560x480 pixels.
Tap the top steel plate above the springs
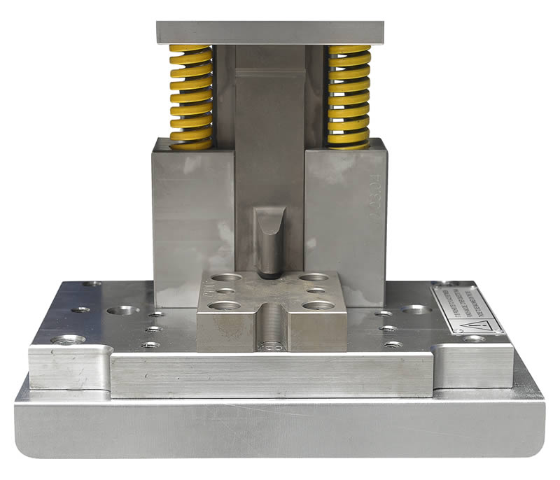pyautogui.click(x=270, y=32)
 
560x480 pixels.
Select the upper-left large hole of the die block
pyautogui.click(x=226, y=278)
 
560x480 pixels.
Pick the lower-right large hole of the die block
pyautogui.click(x=318, y=306)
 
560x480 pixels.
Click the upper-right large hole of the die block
pyautogui.click(x=314, y=278)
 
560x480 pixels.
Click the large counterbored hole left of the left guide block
pyautogui.click(x=123, y=310)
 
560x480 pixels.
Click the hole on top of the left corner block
pyautogui.click(x=68, y=340)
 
